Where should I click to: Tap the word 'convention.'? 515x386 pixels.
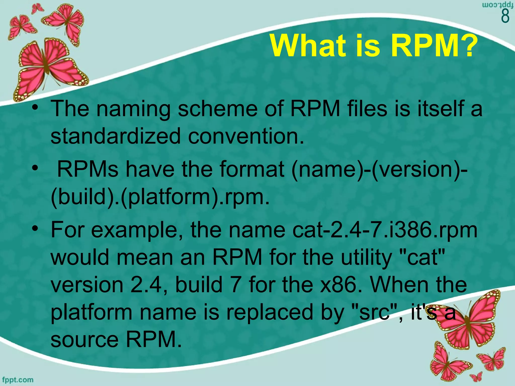tap(246, 136)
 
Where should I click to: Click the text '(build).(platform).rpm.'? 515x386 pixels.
tap(160, 197)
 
